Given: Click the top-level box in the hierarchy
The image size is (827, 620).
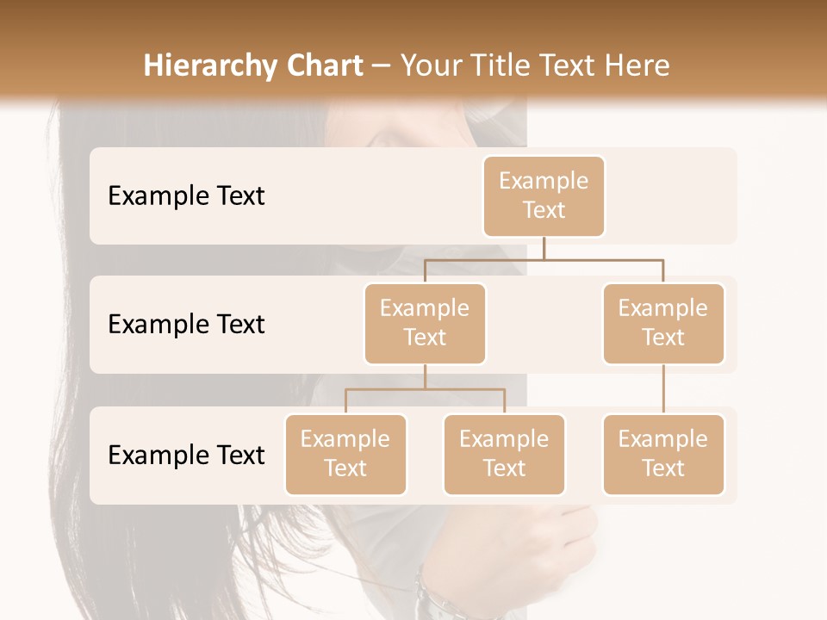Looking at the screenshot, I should click(x=544, y=195).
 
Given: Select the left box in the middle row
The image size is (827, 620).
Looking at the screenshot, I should click(x=425, y=323).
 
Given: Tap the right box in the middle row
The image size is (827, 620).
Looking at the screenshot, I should click(x=663, y=323).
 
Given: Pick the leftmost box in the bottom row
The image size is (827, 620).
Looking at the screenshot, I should click(x=345, y=454).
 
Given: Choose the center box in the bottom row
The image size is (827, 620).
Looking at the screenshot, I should click(x=504, y=454).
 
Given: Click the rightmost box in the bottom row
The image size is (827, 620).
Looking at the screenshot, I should click(x=663, y=454).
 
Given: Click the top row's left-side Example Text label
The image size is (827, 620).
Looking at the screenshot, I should click(x=186, y=195).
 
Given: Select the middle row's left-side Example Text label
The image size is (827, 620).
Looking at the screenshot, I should click(x=186, y=324).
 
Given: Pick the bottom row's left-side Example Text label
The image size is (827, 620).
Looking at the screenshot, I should click(x=186, y=455).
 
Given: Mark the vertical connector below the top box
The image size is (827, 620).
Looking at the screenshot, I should click(x=544, y=248).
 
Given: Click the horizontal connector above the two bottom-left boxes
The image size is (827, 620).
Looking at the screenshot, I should click(x=425, y=389).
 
